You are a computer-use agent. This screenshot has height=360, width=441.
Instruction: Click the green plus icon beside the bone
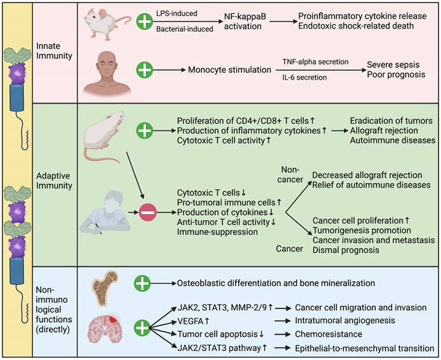(144, 283)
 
